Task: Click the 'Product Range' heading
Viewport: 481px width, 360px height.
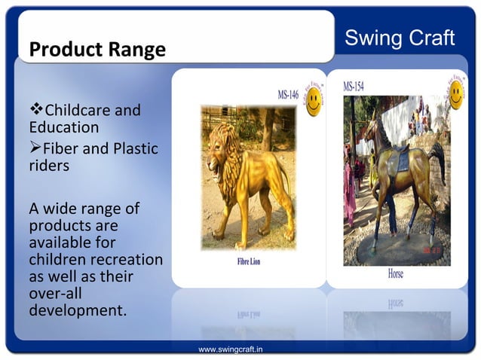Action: tap(97, 50)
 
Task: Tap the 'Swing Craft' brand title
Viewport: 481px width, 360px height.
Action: tap(400, 38)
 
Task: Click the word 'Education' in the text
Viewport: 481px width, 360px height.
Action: tap(64, 128)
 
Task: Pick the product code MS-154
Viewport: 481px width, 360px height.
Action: tap(354, 87)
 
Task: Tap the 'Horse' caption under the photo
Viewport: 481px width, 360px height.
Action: tap(396, 274)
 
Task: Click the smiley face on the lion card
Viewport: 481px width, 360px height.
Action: tap(312, 103)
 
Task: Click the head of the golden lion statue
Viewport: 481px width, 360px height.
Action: tap(219, 151)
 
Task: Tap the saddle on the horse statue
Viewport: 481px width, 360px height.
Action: tap(402, 160)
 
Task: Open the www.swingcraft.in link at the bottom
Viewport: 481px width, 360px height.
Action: tap(230, 350)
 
